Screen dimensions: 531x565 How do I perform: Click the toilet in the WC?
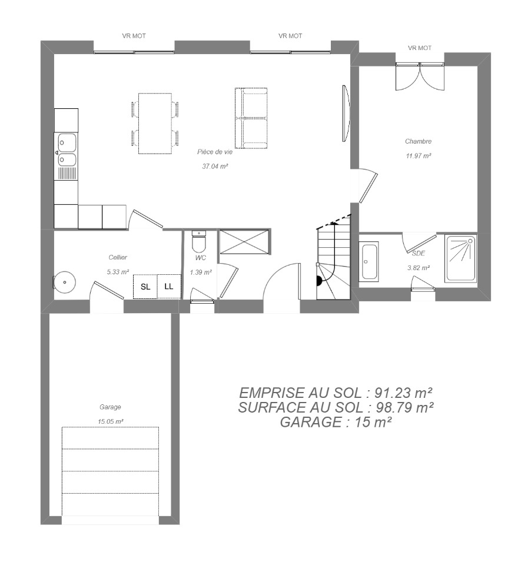(x=198, y=241)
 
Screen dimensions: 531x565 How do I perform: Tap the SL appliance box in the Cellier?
(x=145, y=287)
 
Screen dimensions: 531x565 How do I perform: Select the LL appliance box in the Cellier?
(x=169, y=287)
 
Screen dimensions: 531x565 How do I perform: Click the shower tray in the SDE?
(x=461, y=258)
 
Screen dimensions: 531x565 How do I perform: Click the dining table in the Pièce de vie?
(x=155, y=124)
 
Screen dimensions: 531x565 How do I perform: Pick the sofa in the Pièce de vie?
(x=251, y=118)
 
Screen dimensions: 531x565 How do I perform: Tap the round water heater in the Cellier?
(x=64, y=282)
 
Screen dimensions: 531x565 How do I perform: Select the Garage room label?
(x=110, y=407)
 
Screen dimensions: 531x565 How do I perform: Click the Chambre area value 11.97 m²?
(x=419, y=155)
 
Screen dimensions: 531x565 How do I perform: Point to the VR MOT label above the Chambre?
(x=420, y=48)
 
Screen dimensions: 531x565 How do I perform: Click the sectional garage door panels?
(x=110, y=471)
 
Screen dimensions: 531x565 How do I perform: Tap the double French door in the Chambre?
(x=420, y=77)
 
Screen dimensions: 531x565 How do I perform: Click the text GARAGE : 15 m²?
(x=336, y=422)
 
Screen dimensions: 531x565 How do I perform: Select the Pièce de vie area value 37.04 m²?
(x=215, y=166)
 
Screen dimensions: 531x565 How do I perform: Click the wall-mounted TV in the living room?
(x=346, y=114)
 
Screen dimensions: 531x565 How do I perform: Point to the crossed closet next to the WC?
(x=244, y=242)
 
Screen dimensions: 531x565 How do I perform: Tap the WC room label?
(x=201, y=258)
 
